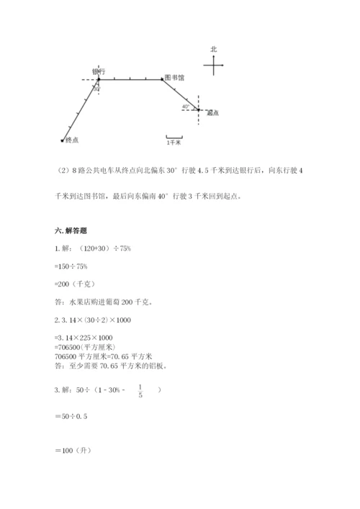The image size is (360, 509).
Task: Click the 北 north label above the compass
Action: tap(214, 49)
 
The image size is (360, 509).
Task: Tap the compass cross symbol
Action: tap(215, 66)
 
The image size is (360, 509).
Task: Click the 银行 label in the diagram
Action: tap(99, 71)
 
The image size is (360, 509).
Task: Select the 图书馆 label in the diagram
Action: tap(173, 77)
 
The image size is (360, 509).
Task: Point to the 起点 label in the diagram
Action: tap(212, 113)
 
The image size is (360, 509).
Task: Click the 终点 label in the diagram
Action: tap(71, 140)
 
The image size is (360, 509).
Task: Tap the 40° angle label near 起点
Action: tap(185, 106)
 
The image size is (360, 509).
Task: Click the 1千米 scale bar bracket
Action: tap(173, 136)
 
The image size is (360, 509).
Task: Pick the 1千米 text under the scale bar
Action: tap(173, 143)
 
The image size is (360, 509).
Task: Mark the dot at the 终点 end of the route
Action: tap(63, 140)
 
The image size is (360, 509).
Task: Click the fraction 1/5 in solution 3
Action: tap(140, 393)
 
